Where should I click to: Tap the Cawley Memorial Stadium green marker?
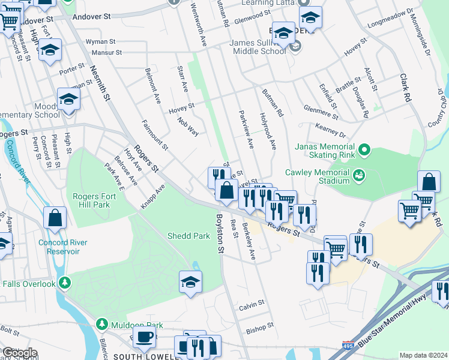point(360,175)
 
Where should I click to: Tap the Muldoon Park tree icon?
point(101,325)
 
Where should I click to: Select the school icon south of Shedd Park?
point(190,281)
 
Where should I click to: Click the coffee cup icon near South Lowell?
point(144,337)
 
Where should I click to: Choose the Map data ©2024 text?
point(423,355)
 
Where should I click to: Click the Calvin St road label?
point(252,305)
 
